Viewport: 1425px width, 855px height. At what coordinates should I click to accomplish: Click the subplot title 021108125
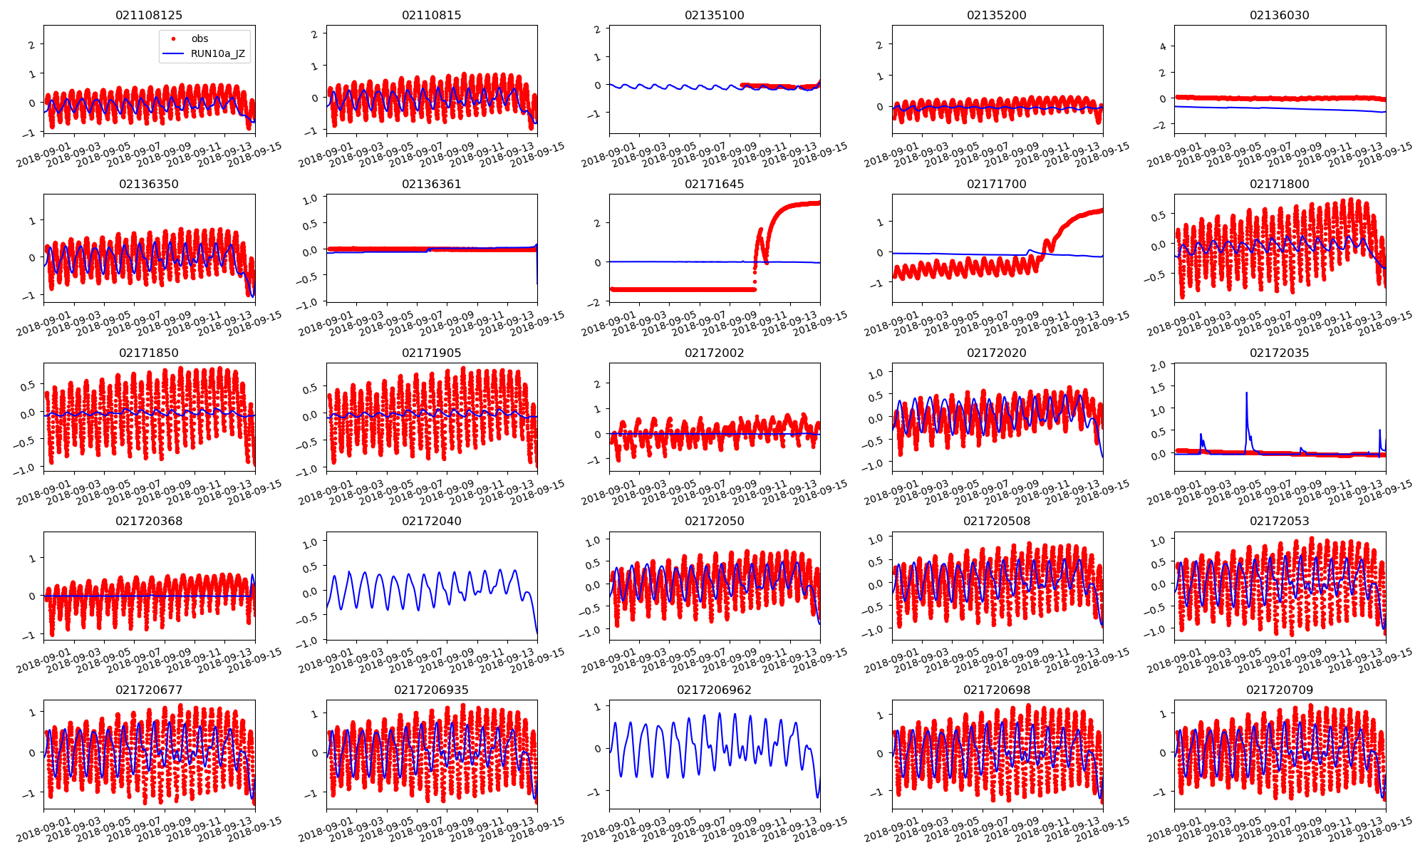tap(149, 15)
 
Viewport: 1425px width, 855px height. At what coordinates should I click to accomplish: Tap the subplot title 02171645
tap(714, 184)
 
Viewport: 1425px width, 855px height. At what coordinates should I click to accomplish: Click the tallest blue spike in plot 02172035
tap(1246, 393)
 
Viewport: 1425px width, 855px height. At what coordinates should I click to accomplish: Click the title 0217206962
tap(714, 690)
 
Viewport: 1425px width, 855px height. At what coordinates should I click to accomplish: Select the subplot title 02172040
tap(431, 521)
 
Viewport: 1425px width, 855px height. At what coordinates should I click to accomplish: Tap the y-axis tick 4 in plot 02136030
tap(1163, 46)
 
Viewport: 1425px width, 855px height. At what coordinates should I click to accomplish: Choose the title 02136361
tap(431, 184)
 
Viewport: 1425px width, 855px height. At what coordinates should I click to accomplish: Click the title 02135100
tap(714, 15)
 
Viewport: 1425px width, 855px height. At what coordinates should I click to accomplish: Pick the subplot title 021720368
tap(149, 521)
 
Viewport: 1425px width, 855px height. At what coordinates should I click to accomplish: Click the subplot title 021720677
tap(149, 690)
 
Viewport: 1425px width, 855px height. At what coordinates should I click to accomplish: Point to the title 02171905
tap(431, 353)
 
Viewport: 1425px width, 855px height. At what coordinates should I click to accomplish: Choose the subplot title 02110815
tap(431, 15)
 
